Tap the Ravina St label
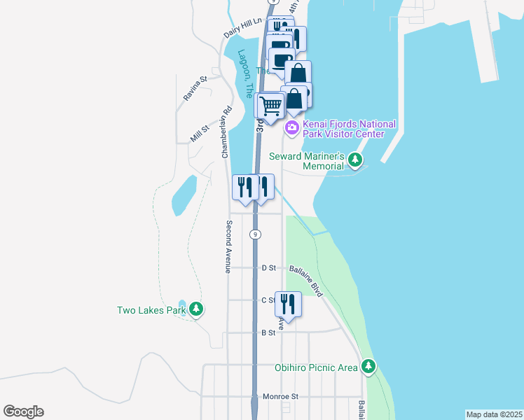point(195,89)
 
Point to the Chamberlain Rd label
point(227,132)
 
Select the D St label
point(268,267)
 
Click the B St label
point(268,332)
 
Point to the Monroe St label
point(280,396)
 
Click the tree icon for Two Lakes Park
point(197,309)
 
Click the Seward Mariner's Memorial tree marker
point(356,160)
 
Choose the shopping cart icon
point(270,106)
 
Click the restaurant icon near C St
point(288,304)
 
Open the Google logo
point(23,412)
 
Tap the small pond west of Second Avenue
point(184,194)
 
